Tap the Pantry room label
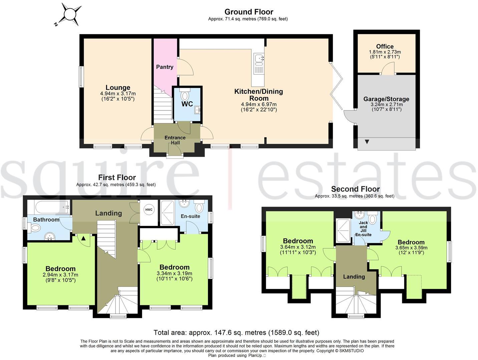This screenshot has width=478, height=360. (165, 67)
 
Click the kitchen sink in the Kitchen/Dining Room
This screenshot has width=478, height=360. (258, 60)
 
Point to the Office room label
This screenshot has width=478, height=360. (385, 46)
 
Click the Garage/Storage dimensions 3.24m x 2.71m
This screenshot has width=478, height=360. (386, 104)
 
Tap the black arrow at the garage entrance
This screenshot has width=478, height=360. (367, 142)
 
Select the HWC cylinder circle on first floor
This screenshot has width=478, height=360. (149, 210)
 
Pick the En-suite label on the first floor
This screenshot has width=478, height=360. (190, 216)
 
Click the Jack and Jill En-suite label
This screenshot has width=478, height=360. (363, 229)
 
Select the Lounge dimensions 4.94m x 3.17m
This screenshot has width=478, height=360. (118, 93)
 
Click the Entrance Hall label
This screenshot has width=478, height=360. (175, 140)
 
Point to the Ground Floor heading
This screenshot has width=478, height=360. (249, 12)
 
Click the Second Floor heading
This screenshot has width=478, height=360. (355, 189)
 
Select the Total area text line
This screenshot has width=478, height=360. (236, 332)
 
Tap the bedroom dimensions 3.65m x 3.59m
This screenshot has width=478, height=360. (411, 248)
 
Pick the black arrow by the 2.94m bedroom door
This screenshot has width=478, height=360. (83, 238)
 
